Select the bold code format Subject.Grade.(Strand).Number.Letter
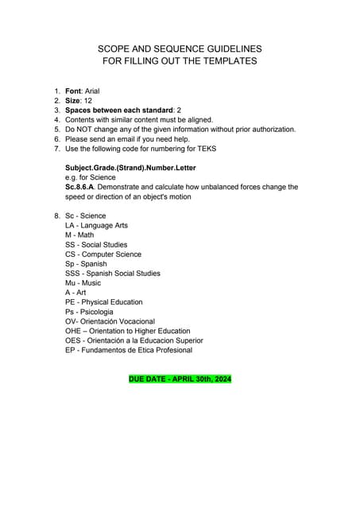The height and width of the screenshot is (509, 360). [x=130, y=168]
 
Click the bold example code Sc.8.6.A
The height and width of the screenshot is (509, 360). [x=82, y=187]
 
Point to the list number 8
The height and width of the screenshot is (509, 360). [x=56, y=216]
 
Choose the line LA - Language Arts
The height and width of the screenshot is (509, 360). [x=96, y=226]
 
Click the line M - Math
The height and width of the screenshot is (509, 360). [x=79, y=235]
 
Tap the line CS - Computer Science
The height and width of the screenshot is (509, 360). [x=103, y=254]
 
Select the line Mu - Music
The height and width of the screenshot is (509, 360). [x=83, y=283]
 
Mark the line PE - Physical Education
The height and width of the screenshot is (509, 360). [x=104, y=302]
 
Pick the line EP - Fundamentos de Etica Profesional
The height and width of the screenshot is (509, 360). [x=128, y=350]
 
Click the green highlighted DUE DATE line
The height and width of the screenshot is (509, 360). [x=180, y=379]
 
